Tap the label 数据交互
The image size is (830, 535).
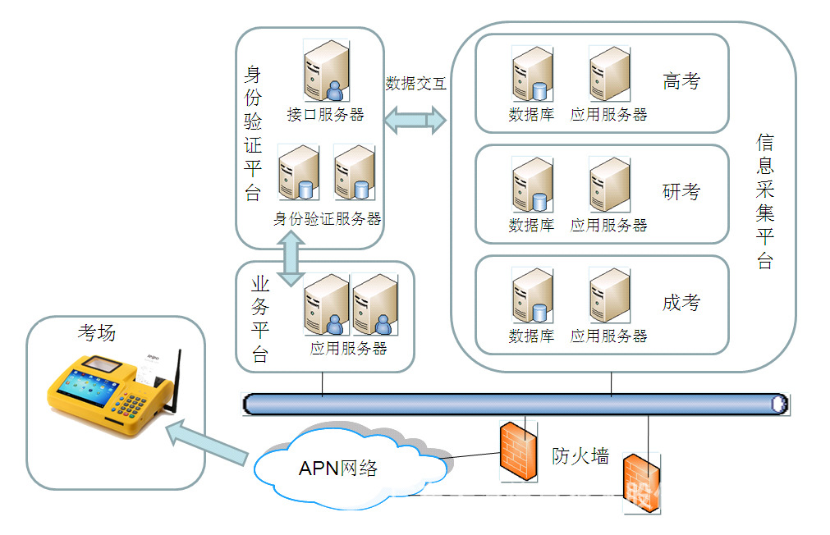pyautogui.click(x=415, y=84)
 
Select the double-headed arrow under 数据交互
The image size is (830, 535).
pyautogui.click(x=415, y=121)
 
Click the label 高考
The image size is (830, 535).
pyautogui.click(x=681, y=81)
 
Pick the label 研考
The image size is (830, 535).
pyautogui.click(x=681, y=192)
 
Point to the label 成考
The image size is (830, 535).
pyautogui.click(x=681, y=303)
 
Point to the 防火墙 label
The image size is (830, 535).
pyautogui.click(x=580, y=457)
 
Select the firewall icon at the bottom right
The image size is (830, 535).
pyautogui.click(x=641, y=483)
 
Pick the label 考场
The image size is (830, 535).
pyautogui.click(x=96, y=332)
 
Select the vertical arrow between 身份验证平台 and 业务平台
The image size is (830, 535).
pyautogui.click(x=290, y=258)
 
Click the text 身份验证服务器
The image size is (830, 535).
pyautogui.click(x=328, y=219)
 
